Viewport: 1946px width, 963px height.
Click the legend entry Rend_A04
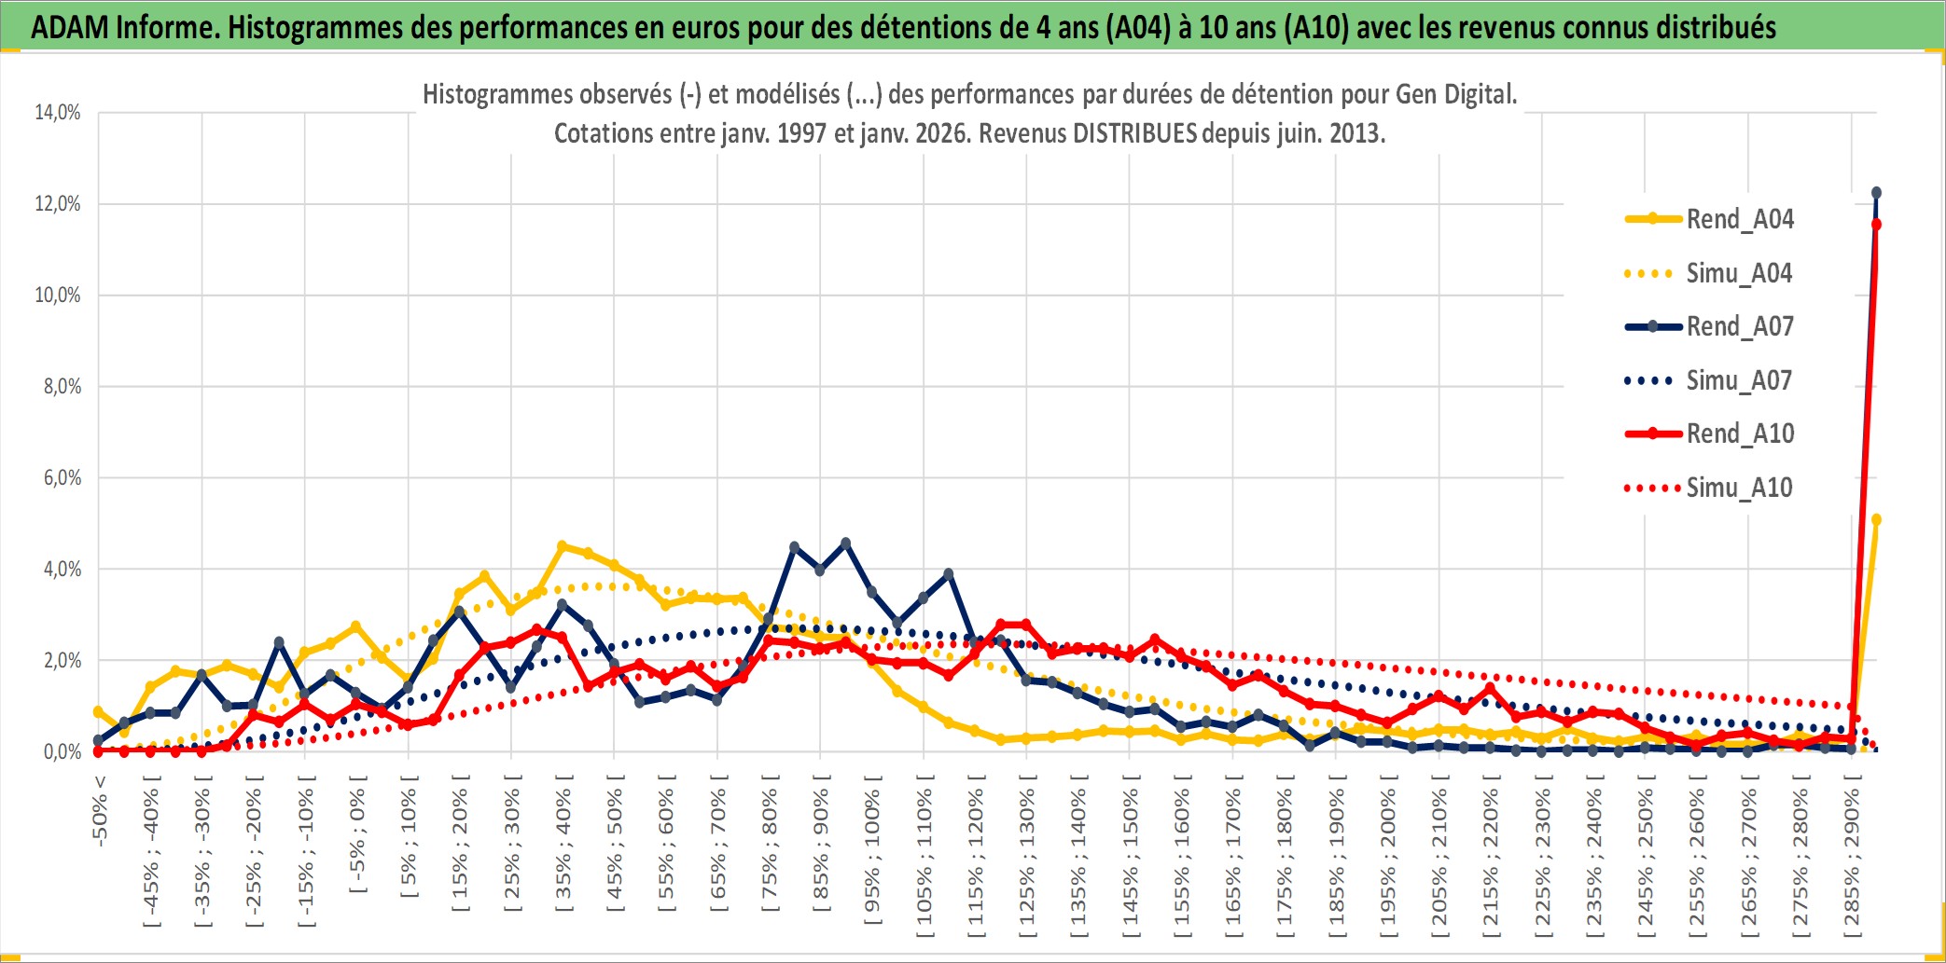[x=1739, y=219]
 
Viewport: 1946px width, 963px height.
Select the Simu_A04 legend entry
[x=1739, y=273]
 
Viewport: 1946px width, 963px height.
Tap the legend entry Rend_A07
[x=1739, y=326]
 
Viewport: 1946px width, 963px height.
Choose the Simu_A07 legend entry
[x=1739, y=380]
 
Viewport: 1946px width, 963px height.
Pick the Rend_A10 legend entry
[x=1739, y=433]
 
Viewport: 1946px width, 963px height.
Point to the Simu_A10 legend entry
[x=1739, y=488]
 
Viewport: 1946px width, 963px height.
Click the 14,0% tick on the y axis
[x=58, y=113]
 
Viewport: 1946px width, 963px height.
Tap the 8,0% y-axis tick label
[x=62, y=387]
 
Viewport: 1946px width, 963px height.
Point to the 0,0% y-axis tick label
[x=62, y=751]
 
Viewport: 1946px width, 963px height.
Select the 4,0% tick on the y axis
[x=62, y=570]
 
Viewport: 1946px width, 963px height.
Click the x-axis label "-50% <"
[x=99, y=810]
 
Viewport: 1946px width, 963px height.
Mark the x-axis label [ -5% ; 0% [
[x=357, y=835]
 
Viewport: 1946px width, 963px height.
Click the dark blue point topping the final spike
[x=1876, y=193]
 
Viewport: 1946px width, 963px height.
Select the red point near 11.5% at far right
[x=1876, y=225]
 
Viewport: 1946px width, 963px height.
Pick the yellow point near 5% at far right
[x=1876, y=520]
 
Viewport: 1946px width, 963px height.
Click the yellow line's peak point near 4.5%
[x=562, y=546]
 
